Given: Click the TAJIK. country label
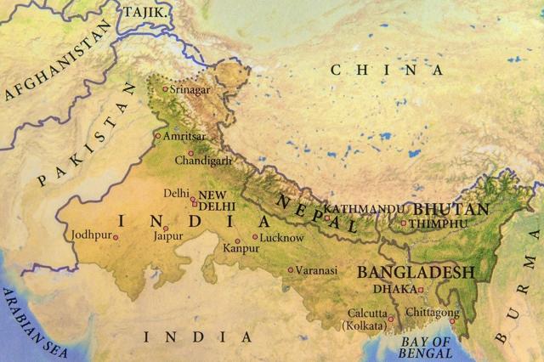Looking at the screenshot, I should pos(146,13).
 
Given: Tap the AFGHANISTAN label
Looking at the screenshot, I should pos(58,62).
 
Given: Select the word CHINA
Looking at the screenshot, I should pos(387,71).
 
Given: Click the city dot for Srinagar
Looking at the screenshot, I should pos(165,88).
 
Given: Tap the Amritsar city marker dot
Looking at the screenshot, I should pos(157,135).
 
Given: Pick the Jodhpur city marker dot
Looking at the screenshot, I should pos(116,235).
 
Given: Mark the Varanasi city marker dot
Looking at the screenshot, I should pos(290,270).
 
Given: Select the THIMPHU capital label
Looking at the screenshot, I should pos(439,223).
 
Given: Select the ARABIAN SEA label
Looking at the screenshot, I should pos(34,323).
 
